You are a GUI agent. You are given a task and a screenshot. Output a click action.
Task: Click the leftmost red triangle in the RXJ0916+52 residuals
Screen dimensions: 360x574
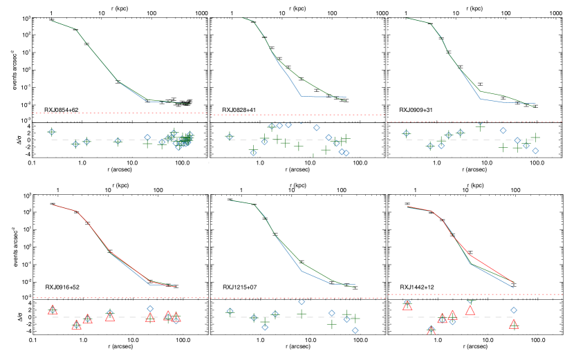click(52, 310)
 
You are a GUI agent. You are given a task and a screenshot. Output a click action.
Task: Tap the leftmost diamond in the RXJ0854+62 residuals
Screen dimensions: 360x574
click(51, 132)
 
